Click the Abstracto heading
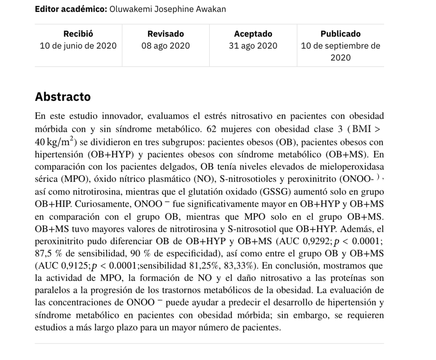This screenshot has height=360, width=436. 63,97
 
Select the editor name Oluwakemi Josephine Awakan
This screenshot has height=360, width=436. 168,9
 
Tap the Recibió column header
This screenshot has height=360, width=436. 78,34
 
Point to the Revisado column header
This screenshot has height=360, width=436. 166,34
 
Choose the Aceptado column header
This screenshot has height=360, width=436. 253,34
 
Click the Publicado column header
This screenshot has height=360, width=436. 340,34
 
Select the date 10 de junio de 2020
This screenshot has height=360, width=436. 78,46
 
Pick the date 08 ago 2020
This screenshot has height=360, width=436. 166,46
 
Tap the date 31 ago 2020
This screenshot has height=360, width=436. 253,46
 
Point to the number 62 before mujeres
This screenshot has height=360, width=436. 212,128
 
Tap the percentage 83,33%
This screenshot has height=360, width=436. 241,266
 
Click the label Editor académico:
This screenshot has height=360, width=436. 71,9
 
